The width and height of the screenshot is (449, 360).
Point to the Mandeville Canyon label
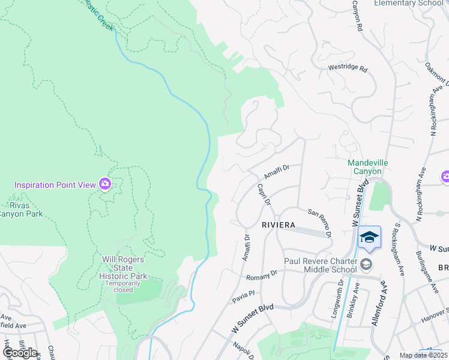365,167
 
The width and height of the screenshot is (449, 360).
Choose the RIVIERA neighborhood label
278,224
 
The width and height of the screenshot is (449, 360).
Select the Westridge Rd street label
347,68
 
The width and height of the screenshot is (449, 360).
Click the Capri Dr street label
264,194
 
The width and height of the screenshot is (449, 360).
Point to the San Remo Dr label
320,223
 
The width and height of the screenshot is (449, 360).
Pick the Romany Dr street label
262,275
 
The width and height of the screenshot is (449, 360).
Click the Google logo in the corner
19,352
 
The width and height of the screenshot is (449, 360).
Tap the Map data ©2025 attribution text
424,355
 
